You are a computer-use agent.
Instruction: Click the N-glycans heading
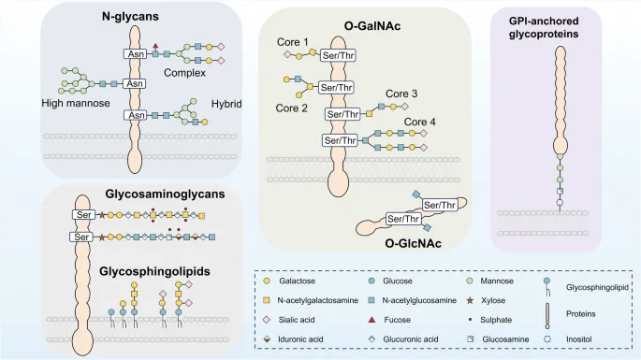point(103,17)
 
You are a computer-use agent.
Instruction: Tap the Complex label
point(185,72)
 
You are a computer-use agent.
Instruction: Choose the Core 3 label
point(400,94)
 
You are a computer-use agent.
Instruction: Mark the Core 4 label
point(420,122)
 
